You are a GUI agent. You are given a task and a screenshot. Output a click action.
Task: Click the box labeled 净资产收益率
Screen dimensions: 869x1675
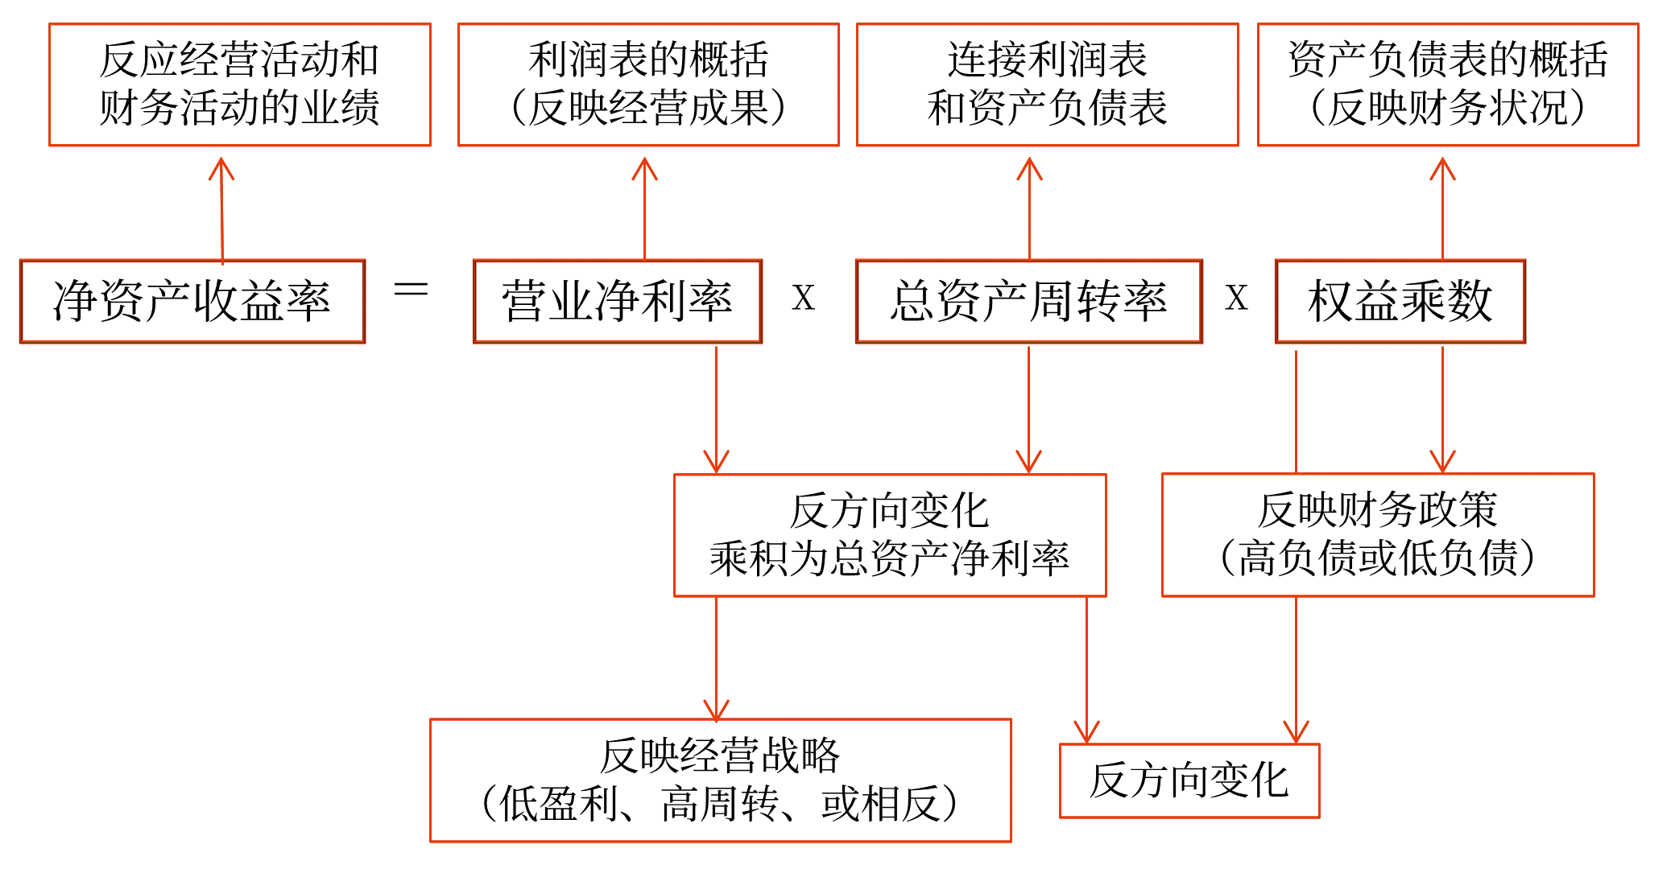192,302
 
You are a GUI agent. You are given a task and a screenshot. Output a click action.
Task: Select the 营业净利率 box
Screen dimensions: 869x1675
618,302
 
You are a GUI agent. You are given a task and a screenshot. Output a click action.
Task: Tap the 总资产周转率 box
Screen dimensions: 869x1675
1028,302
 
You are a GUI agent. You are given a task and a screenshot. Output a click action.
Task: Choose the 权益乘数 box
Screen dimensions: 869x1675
1400,302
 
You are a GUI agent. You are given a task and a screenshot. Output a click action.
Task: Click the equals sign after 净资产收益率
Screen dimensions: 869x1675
411,290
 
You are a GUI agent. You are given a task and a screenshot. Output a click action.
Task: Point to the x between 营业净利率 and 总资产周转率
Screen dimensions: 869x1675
803,299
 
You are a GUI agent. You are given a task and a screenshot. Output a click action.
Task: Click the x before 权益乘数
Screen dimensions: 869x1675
1236,299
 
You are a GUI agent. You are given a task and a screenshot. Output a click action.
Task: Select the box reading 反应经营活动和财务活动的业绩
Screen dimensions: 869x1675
240,84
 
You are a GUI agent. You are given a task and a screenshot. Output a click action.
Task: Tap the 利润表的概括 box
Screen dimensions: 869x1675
648,84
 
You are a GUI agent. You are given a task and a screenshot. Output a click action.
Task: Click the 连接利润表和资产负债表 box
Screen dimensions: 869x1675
1047,84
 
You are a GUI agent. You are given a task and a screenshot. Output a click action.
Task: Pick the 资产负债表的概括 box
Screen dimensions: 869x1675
1448,84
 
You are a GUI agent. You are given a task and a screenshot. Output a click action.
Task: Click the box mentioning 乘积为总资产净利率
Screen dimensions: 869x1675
890,535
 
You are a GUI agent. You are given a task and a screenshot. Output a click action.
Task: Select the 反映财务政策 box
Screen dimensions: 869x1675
1378,535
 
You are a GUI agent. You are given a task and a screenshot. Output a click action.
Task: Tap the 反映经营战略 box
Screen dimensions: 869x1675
720,780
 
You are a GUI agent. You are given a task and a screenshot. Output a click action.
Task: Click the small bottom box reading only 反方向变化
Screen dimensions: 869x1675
1189,780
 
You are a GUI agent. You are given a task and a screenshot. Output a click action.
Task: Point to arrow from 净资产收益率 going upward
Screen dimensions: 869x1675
221,209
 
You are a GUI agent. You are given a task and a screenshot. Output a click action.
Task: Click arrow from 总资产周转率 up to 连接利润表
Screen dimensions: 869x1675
1029,209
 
